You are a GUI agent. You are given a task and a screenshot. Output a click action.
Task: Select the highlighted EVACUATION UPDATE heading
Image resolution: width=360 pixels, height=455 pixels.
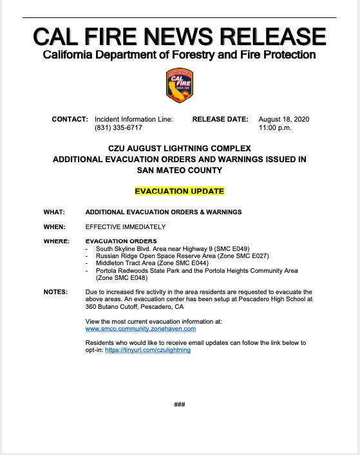[x=179, y=191]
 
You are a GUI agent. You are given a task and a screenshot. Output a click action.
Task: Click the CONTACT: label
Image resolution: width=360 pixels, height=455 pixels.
[x=70, y=120]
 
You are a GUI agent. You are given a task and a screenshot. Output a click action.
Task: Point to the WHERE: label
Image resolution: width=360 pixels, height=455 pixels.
[x=56, y=241]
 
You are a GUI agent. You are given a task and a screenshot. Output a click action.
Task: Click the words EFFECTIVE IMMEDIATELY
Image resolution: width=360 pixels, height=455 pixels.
[x=126, y=227]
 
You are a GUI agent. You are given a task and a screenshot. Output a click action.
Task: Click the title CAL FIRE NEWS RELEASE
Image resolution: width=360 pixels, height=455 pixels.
[x=180, y=36]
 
